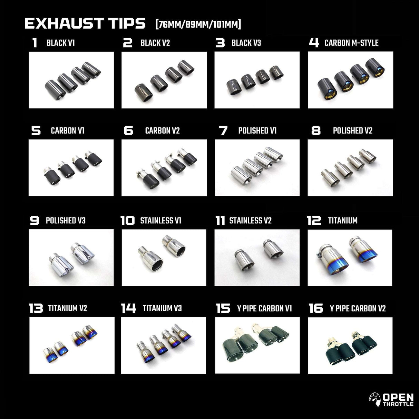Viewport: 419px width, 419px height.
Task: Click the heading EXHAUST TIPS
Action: coord(85,23)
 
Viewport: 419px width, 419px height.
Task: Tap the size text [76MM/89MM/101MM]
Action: coord(198,25)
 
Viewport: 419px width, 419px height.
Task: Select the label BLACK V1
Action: coord(60,43)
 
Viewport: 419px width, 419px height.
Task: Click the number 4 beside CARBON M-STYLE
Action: coord(314,43)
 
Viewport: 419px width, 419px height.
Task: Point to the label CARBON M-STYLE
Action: coord(351,43)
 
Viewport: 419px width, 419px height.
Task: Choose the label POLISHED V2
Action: coord(352,131)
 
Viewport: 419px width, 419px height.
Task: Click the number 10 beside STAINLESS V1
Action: coord(127,221)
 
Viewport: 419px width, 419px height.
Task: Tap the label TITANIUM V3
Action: coord(162,308)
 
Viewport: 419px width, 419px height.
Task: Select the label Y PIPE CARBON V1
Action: coord(264,308)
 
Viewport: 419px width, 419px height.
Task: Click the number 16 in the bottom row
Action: coord(315,308)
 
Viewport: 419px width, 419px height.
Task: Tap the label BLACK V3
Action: coord(246,43)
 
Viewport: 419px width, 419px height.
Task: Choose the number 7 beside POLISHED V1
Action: coord(223,131)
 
